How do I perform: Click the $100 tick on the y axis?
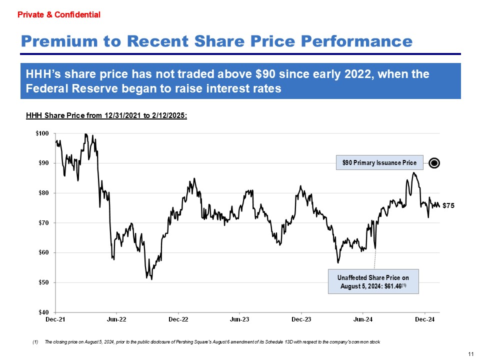42,133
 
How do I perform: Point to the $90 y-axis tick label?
43,163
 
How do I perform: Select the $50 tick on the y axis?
43,282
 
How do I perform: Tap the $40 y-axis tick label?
43,312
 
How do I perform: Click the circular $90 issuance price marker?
434,162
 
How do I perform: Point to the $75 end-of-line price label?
448,205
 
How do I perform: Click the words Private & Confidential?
59,15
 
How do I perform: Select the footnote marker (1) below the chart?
35,342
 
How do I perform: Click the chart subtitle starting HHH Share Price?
106,115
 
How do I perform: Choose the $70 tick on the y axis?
43,223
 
